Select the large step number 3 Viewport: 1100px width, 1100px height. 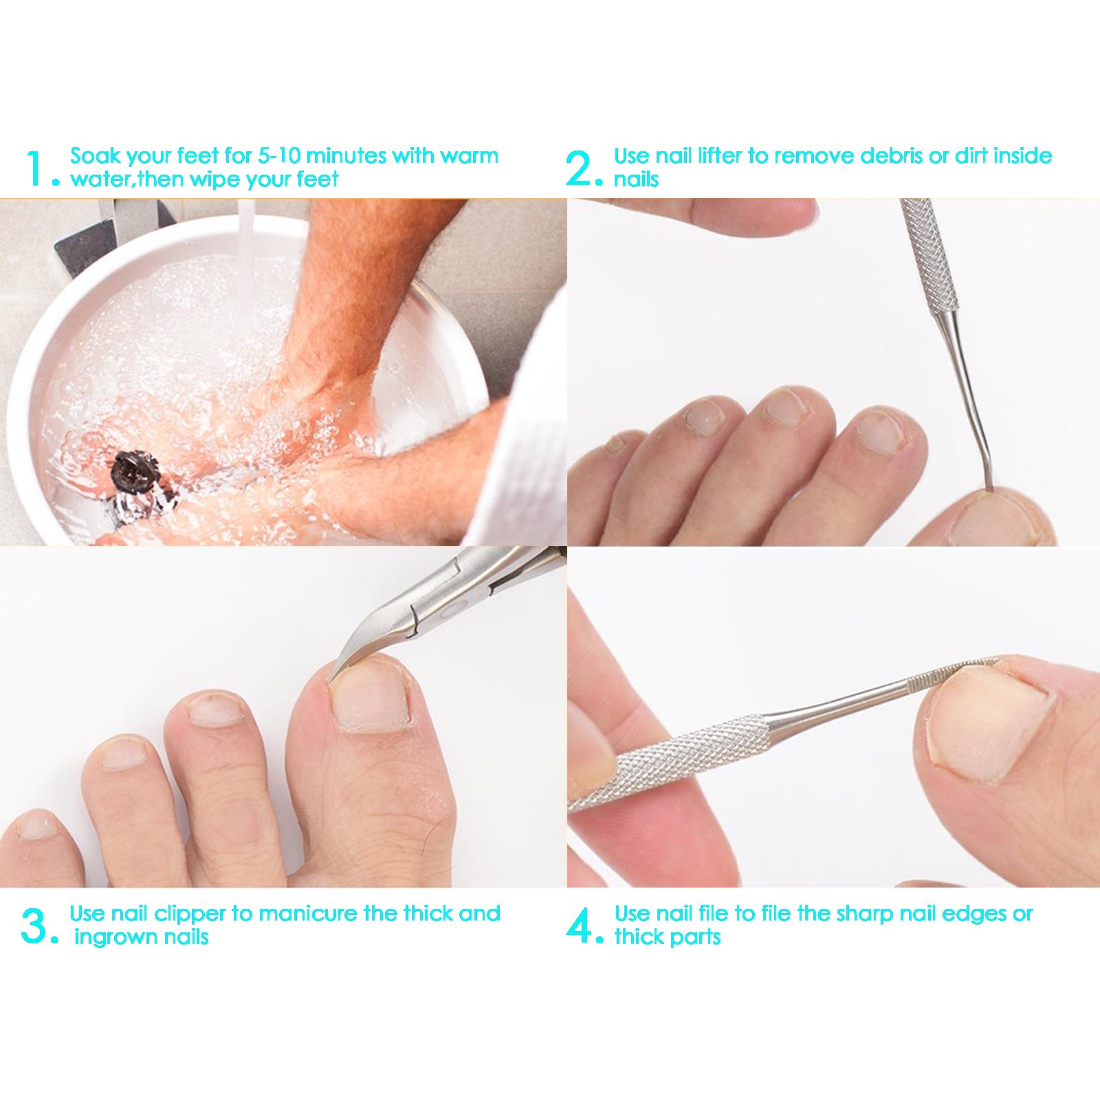(34, 926)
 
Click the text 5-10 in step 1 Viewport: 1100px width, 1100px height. (279, 156)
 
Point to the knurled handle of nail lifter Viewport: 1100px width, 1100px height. (928, 254)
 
